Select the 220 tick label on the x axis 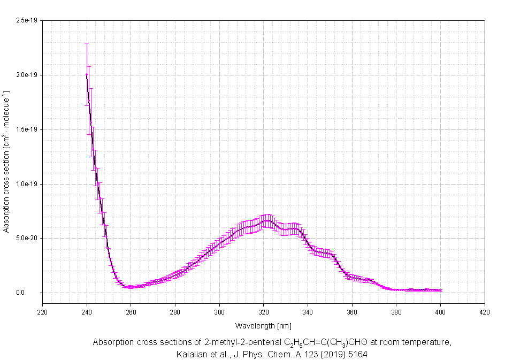(x=42, y=311)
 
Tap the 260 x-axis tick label (x=131, y=311)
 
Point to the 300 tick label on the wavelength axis (x=219, y=311)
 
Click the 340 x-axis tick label (x=308, y=311)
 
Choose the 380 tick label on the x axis (x=396, y=311)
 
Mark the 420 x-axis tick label (x=484, y=311)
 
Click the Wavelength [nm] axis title (x=263, y=325)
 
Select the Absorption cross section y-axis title (x=6, y=162)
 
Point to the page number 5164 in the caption (x=356, y=354)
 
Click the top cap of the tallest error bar (x=87, y=43)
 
